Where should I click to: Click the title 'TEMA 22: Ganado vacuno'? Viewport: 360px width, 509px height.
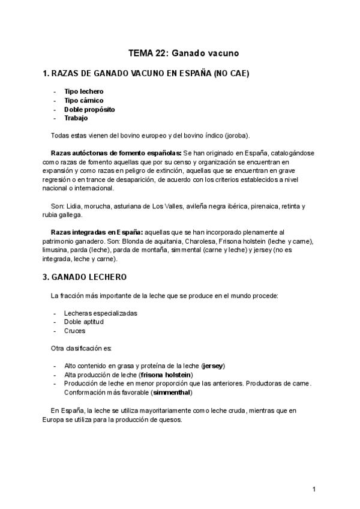179,53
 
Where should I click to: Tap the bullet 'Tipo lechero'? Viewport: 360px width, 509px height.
84,91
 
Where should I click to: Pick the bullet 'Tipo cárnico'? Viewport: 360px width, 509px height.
84,100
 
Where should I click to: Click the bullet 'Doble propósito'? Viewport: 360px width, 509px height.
89,109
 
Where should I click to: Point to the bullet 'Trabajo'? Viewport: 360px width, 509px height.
76,118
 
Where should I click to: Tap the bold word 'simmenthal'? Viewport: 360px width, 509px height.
172,393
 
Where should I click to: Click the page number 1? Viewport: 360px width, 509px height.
314,490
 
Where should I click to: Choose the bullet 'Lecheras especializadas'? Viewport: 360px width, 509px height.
101,313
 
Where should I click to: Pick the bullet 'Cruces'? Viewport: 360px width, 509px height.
75,331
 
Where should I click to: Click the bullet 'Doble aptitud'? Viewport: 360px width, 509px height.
84,322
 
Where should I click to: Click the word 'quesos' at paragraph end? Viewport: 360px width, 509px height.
169,420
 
